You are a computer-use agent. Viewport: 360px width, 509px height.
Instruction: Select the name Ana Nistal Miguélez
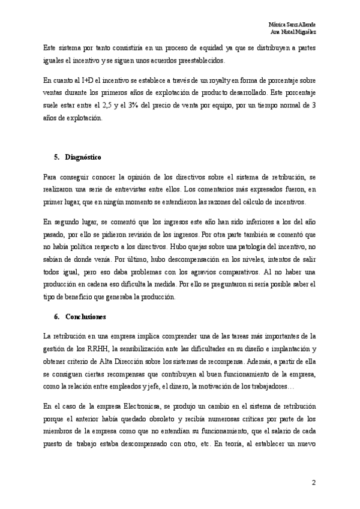click(294, 31)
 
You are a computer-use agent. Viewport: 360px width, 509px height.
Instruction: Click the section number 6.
click(56, 315)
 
